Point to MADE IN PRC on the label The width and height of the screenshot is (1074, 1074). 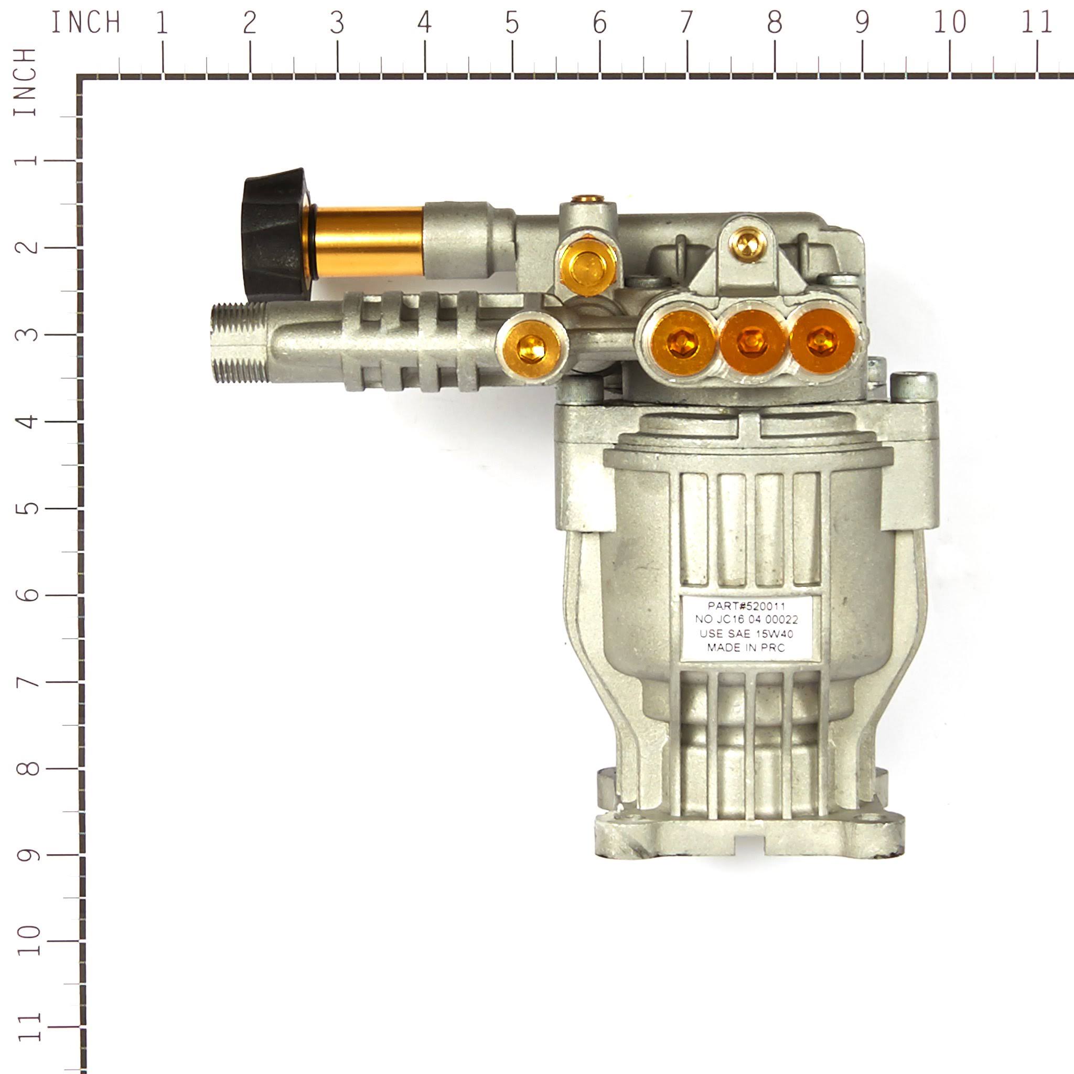click(x=746, y=648)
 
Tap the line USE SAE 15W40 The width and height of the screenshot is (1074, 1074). click(x=746, y=633)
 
